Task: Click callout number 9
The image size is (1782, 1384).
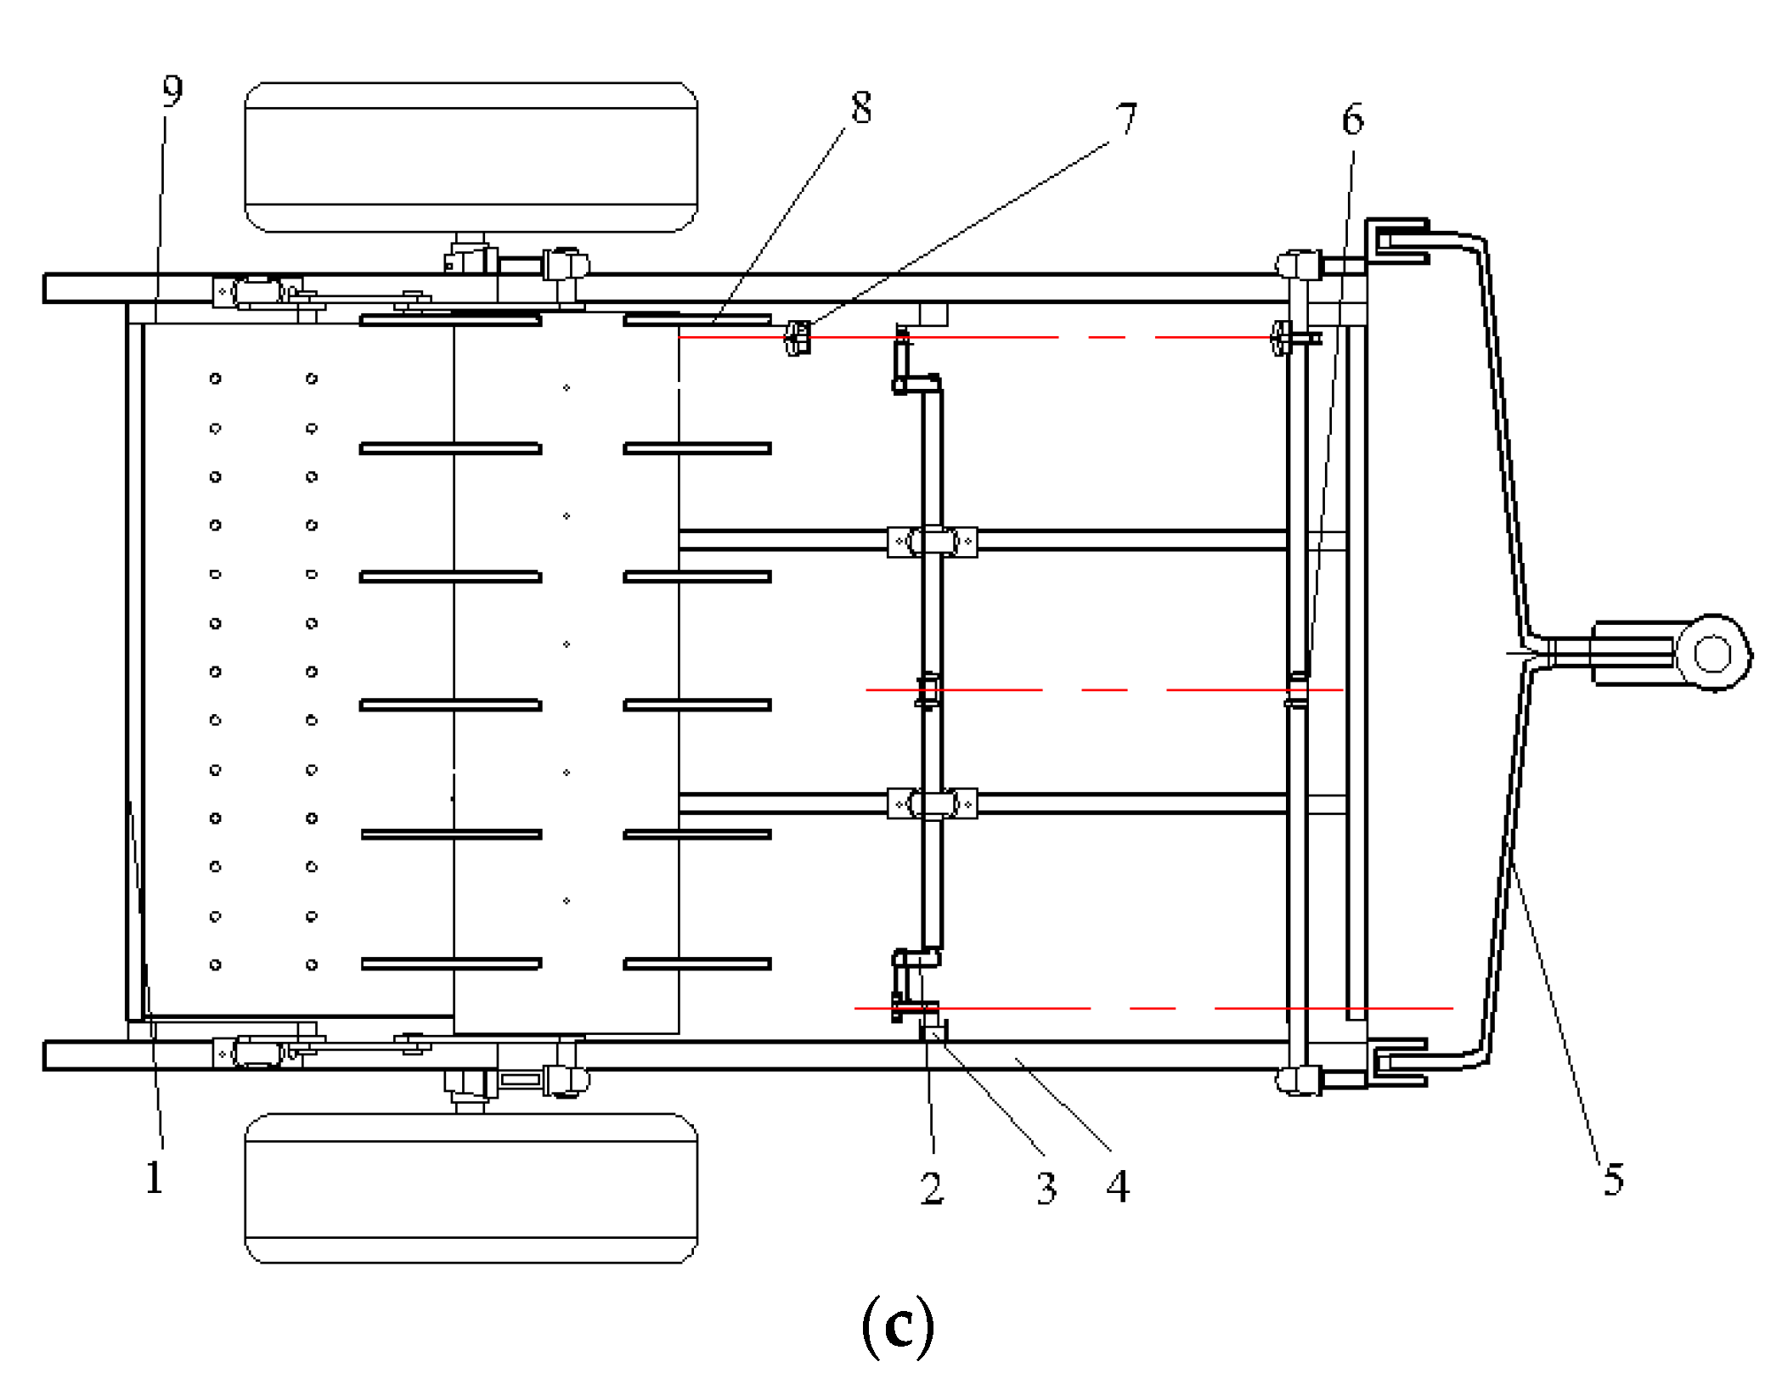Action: [x=172, y=91]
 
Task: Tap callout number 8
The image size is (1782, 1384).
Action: [x=861, y=108]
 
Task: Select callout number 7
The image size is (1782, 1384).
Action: [x=1126, y=118]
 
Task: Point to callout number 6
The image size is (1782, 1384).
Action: [x=1353, y=119]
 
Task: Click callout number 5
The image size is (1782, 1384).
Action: [x=1614, y=1179]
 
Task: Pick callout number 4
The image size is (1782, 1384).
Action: [x=1118, y=1186]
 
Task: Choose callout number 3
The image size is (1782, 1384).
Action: [x=1046, y=1188]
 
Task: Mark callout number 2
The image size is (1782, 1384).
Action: [x=932, y=1188]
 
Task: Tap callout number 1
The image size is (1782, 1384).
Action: [x=154, y=1178]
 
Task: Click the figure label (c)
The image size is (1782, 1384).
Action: [x=898, y=1326]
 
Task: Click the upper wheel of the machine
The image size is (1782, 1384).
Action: [x=471, y=157]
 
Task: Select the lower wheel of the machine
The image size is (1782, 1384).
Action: [x=471, y=1188]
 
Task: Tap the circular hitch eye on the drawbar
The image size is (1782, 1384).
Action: [x=1712, y=654]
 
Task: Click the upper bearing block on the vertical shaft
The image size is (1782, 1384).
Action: [x=932, y=541]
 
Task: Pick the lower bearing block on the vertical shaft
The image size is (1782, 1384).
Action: [x=932, y=802]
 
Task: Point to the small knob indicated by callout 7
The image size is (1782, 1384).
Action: [x=797, y=338]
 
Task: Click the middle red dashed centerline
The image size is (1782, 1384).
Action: [x=1104, y=690]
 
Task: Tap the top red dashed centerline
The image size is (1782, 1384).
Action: [x=977, y=337]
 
